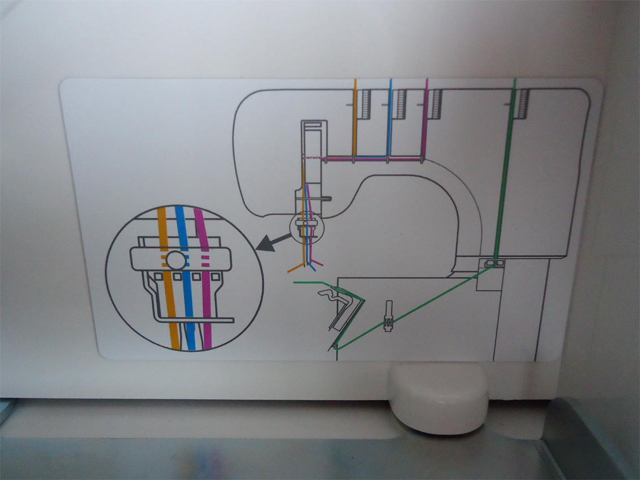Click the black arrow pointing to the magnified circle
coord(270,243)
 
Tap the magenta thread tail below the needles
coord(317,263)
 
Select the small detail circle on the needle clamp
coord(305,225)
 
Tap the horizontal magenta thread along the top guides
coord(372,160)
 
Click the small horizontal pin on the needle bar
coord(325,198)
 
